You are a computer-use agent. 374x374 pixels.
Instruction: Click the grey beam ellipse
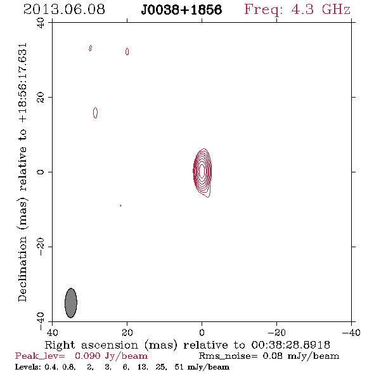[71, 303]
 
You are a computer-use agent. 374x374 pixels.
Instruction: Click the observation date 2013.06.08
[64, 10]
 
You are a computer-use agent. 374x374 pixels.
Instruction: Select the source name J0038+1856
[181, 10]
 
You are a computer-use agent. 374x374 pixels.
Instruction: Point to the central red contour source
[202, 172]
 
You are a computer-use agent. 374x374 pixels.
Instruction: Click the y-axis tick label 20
[41, 98]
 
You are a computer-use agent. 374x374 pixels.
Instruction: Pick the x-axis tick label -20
[276, 332]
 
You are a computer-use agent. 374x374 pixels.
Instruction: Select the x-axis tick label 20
[127, 332]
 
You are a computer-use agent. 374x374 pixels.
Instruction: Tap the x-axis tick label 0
[202, 332]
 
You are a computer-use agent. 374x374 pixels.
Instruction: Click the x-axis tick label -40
[351, 332]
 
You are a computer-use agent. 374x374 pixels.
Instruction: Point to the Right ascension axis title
[187, 345]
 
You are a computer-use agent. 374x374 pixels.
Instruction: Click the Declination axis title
[22, 172]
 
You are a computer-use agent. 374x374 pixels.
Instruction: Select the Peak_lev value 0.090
[87, 356]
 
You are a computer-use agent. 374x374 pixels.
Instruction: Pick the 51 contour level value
[179, 366]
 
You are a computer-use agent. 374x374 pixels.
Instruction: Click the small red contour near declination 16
[96, 113]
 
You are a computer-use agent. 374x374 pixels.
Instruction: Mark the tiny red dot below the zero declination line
[120, 205]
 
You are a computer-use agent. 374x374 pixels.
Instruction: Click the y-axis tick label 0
[41, 172]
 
